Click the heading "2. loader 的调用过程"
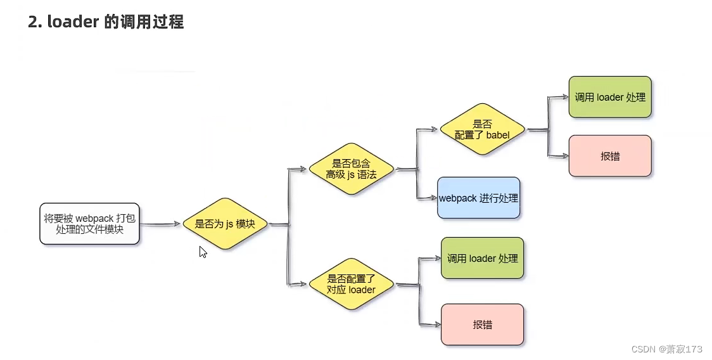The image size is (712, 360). point(106,22)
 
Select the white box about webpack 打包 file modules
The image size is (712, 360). point(89,224)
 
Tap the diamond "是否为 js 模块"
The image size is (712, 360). point(225,224)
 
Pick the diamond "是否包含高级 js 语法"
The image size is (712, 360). point(351,169)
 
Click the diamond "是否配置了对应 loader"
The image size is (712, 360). point(351,284)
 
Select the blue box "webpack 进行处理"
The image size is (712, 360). point(478,198)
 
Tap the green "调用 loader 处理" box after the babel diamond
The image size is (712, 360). point(610,97)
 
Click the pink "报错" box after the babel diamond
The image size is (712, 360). point(610,156)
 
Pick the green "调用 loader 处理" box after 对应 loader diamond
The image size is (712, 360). point(482,258)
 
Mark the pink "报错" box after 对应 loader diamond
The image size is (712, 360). point(482,325)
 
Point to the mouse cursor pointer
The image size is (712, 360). point(203,252)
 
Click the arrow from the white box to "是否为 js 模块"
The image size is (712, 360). point(160,224)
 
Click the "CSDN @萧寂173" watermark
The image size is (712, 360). point(666,349)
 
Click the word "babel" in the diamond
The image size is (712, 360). point(497,135)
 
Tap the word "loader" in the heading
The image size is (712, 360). point(70,22)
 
